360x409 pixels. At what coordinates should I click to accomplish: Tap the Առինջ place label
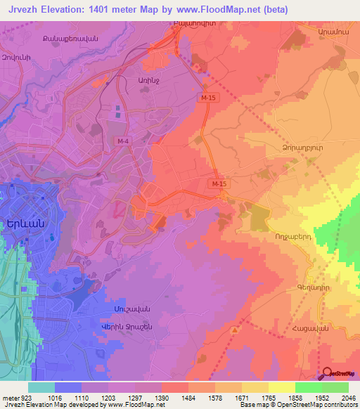coord(136,81)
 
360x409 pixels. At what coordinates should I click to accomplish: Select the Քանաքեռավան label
coord(69,37)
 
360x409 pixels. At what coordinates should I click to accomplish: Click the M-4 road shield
coord(123,141)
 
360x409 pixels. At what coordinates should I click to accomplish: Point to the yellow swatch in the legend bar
coord(282,387)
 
